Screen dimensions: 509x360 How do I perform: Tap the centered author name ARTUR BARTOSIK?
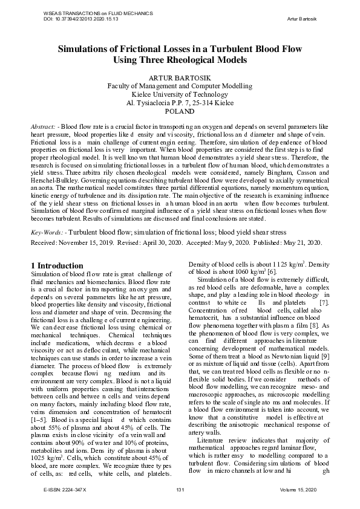click(180, 79)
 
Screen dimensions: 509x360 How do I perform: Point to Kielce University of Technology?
click(180, 94)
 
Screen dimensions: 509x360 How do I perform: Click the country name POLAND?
click(180, 112)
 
